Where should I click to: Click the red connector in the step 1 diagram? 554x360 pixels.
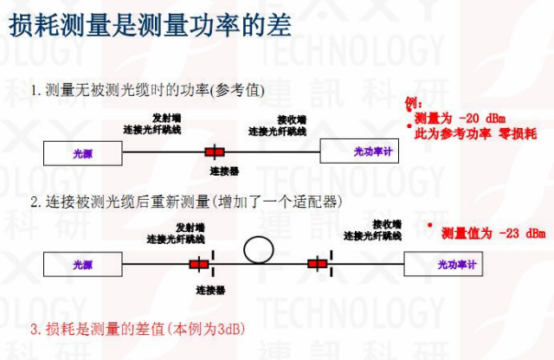coord(215,152)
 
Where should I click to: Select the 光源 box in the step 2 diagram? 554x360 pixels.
coord(82,264)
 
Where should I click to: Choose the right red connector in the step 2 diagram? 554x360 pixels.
coord(317,263)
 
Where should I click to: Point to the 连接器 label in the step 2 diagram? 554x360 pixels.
coord(210,289)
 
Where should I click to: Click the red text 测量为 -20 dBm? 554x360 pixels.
coord(460,119)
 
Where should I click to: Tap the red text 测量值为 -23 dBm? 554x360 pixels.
coord(493,233)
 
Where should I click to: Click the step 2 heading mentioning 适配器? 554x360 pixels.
coord(186,202)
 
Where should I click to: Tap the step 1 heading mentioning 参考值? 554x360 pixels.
coord(147,90)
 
